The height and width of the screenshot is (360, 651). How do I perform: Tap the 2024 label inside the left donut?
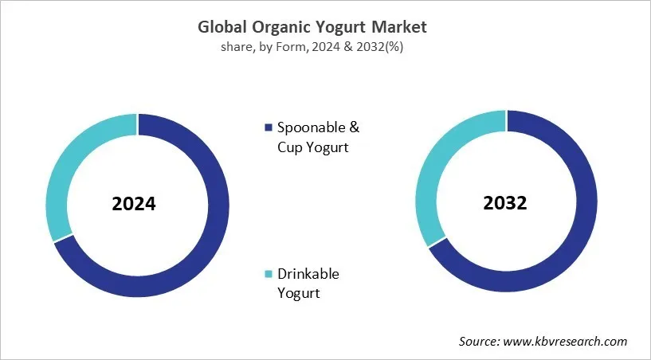(134, 204)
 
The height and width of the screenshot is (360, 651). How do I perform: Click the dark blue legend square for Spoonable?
(269, 128)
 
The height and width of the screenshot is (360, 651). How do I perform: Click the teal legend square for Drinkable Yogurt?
(269, 275)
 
